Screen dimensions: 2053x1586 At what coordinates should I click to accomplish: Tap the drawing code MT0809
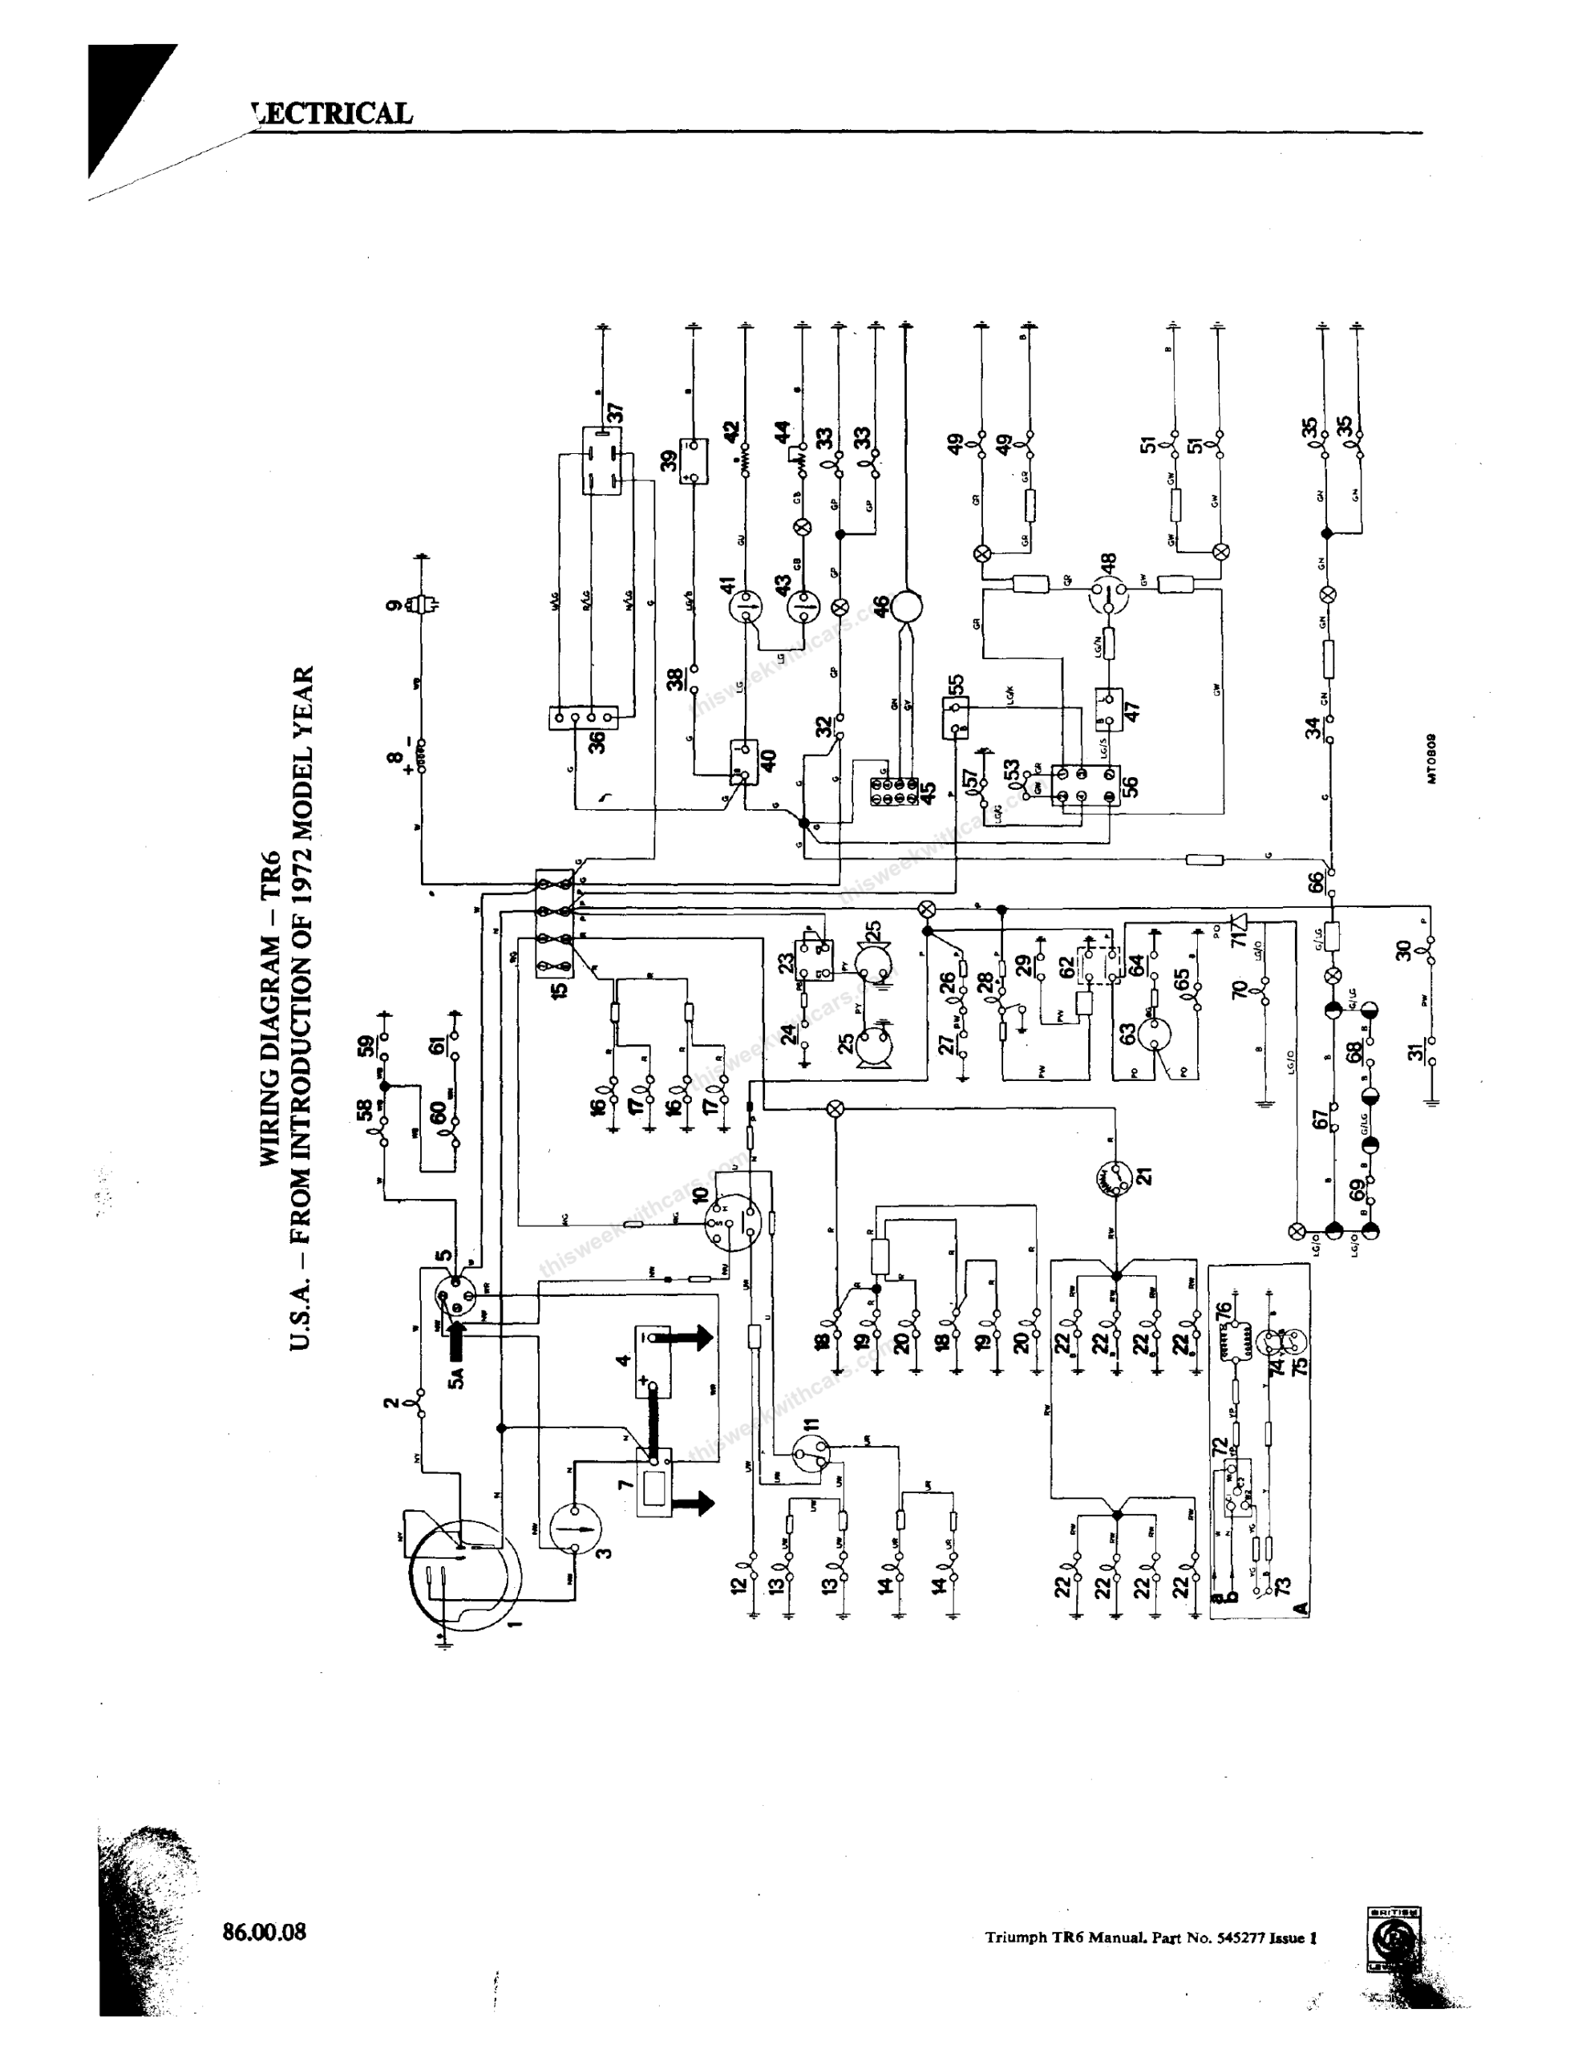pos(1430,758)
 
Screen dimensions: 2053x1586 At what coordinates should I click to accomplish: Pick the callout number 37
pos(616,414)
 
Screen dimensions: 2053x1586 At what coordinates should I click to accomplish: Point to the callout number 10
pos(701,1197)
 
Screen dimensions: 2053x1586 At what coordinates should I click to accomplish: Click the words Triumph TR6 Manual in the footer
pos(1056,1938)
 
